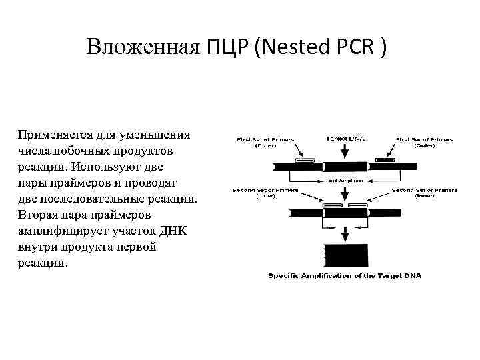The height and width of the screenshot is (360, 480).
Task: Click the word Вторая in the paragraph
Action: (39, 215)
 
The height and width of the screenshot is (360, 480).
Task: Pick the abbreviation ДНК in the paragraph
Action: (177, 231)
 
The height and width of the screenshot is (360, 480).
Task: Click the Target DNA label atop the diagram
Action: (345, 139)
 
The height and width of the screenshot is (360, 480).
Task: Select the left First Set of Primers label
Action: (265, 142)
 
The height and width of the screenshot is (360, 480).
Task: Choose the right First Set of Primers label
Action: (425, 142)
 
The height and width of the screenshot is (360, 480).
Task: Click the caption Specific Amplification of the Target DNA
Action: (345, 275)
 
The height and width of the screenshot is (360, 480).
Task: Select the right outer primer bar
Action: (384, 161)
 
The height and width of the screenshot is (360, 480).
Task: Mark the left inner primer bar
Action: (333, 205)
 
